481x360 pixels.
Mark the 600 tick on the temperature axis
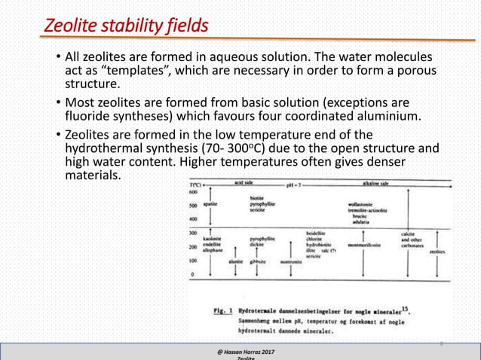pyautogui.click(x=194, y=191)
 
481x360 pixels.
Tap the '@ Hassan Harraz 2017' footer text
pyautogui.click(x=242, y=351)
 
